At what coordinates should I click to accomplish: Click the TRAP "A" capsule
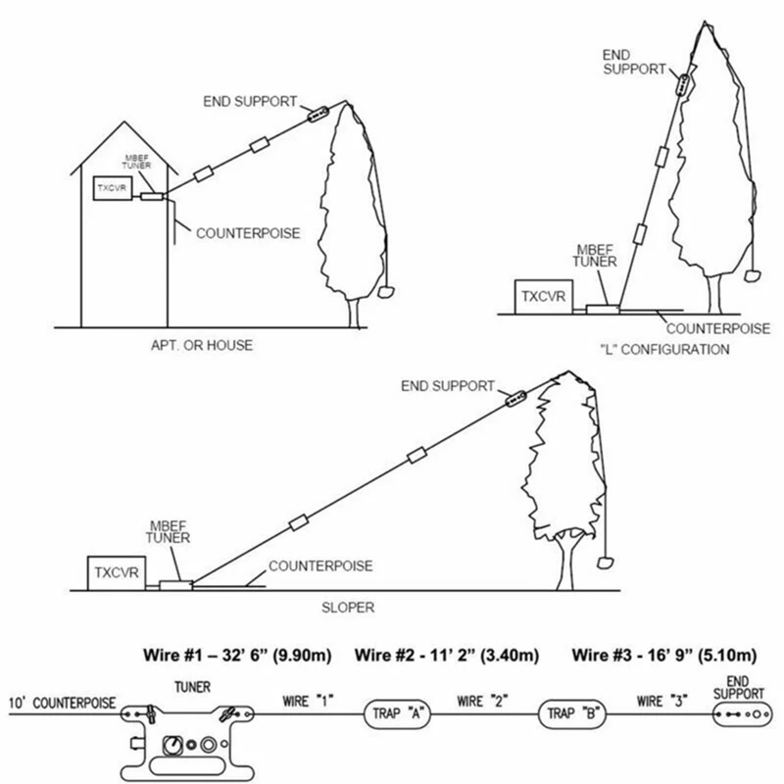click(397, 712)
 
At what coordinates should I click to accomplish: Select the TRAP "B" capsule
click(569, 712)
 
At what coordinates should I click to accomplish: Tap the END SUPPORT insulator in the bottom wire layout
click(738, 714)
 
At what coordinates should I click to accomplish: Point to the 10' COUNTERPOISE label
click(63, 703)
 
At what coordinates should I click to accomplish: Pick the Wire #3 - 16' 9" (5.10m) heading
click(664, 655)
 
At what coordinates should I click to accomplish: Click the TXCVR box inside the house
click(111, 187)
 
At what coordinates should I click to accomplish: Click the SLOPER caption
click(348, 608)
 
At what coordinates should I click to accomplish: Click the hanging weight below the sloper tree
click(606, 561)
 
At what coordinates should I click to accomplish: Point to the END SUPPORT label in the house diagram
click(251, 101)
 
